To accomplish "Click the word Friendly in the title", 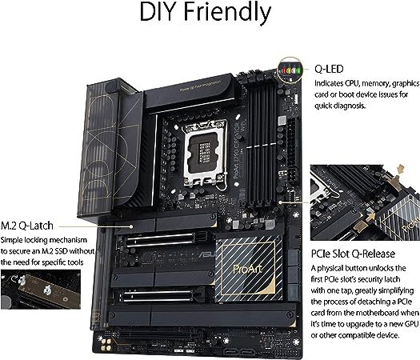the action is (227, 14).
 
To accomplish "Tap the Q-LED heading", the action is (329, 69).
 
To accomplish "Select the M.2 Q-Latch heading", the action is (27, 226).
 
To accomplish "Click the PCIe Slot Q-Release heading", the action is (353, 254).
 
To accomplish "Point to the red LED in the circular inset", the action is (285, 70).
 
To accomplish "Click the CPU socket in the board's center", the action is (204, 153).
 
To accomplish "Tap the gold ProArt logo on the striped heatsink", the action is (247, 269).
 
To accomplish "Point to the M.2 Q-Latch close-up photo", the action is (41, 290).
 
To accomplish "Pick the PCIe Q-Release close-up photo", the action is (365, 202).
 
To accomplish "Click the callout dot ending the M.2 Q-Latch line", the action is (131, 226).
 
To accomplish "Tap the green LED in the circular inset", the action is (298, 70).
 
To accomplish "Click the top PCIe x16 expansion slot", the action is (161, 240).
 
